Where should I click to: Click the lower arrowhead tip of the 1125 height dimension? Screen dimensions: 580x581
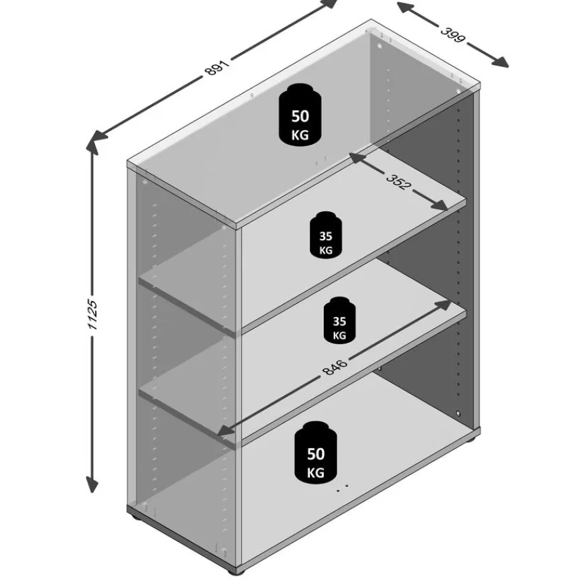[x=92, y=493]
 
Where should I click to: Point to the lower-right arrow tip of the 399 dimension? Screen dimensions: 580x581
[x=509, y=67]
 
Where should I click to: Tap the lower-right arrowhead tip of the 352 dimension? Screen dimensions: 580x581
[x=448, y=210]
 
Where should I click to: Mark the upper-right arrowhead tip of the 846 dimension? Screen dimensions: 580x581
[x=452, y=301]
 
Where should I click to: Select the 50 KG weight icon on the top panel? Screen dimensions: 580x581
[x=300, y=114]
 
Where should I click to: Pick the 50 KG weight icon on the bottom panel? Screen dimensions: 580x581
[x=316, y=452]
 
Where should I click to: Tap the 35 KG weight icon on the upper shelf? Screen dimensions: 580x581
[x=326, y=235]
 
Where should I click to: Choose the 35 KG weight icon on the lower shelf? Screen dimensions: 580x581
[x=339, y=320]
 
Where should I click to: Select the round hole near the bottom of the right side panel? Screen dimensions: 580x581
[x=459, y=413]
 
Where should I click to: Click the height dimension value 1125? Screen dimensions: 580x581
[x=92, y=315]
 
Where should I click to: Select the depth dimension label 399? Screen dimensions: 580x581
[x=452, y=35]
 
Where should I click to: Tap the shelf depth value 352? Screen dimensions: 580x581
[x=398, y=182]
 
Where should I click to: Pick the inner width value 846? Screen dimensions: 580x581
[x=335, y=367]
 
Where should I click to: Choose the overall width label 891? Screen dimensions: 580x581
[x=217, y=68]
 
